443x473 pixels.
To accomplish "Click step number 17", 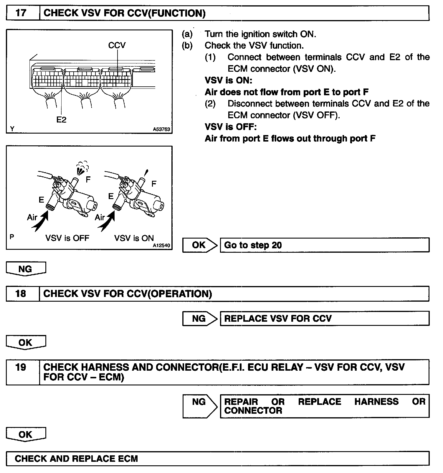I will (x=21, y=13).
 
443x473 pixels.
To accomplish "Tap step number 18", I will (x=21, y=294).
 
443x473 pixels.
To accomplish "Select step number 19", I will (x=21, y=367).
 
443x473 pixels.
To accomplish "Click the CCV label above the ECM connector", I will (x=117, y=45).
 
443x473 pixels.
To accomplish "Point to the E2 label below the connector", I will (x=61, y=119).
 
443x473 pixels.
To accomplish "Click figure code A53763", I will (x=161, y=129).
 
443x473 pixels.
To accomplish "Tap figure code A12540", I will (x=161, y=245).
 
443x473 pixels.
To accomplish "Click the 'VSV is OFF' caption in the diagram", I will (x=67, y=238).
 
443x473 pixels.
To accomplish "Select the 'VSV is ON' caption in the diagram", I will (x=134, y=238).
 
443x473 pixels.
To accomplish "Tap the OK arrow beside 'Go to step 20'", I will (x=199, y=245).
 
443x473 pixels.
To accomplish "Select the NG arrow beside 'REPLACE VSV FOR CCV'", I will (x=199, y=318).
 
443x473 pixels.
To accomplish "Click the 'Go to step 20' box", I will (x=324, y=245).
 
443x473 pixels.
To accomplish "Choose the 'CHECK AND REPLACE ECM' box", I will (x=217, y=459).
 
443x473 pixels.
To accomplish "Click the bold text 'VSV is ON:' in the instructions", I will (x=229, y=81).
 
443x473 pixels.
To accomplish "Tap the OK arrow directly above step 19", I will (x=26, y=343).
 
